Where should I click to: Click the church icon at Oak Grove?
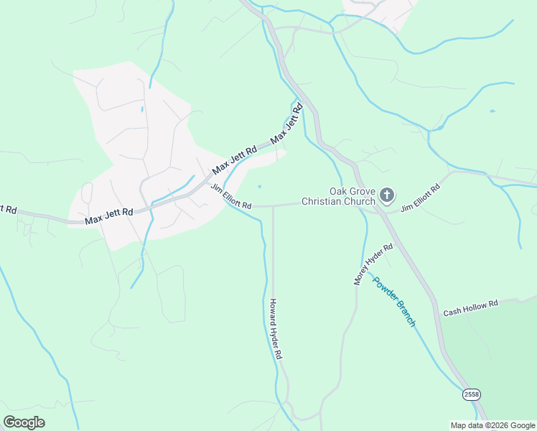tap(387, 195)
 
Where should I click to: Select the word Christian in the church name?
tap(324, 202)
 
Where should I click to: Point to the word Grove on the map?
tap(363, 192)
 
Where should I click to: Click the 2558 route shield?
tap(471, 395)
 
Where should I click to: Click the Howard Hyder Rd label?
tap(276, 329)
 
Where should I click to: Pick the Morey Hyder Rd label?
tap(373, 264)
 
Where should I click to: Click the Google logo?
tap(24, 422)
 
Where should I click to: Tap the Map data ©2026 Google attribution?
tap(492, 425)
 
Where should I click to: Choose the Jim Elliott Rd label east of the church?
tap(420, 198)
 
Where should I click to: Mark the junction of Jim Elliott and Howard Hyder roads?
tap(273, 206)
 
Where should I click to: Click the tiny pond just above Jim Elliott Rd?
tap(259, 188)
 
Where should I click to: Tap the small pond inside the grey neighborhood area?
tap(142, 109)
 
